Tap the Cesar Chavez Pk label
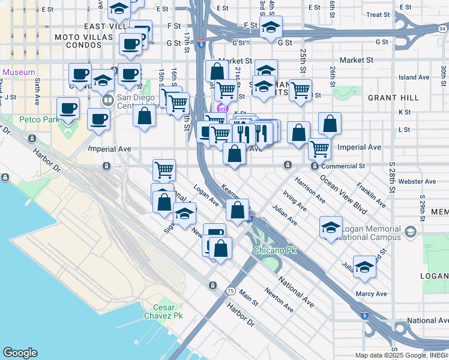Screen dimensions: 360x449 pyautogui.click(x=163, y=311)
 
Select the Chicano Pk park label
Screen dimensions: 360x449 pyautogui.click(x=275, y=250)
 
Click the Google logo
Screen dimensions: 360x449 pyautogui.click(x=20, y=353)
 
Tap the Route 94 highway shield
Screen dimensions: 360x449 pyautogui.click(x=442, y=28)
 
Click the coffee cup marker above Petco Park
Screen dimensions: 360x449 pyautogui.click(x=68, y=109)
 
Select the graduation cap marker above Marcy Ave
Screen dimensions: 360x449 pyautogui.click(x=364, y=267)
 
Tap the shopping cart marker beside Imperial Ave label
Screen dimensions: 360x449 pyautogui.click(x=319, y=148)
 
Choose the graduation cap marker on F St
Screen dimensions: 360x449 pyautogui.click(x=271, y=28)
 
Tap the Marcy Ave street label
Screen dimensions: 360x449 pyautogui.click(x=372, y=294)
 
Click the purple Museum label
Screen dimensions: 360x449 pyautogui.click(x=19, y=72)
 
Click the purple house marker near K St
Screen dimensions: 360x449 pyautogui.click(x=222, y=108)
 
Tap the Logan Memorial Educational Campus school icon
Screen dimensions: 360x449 pyautogui.click(x=410, y=232)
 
